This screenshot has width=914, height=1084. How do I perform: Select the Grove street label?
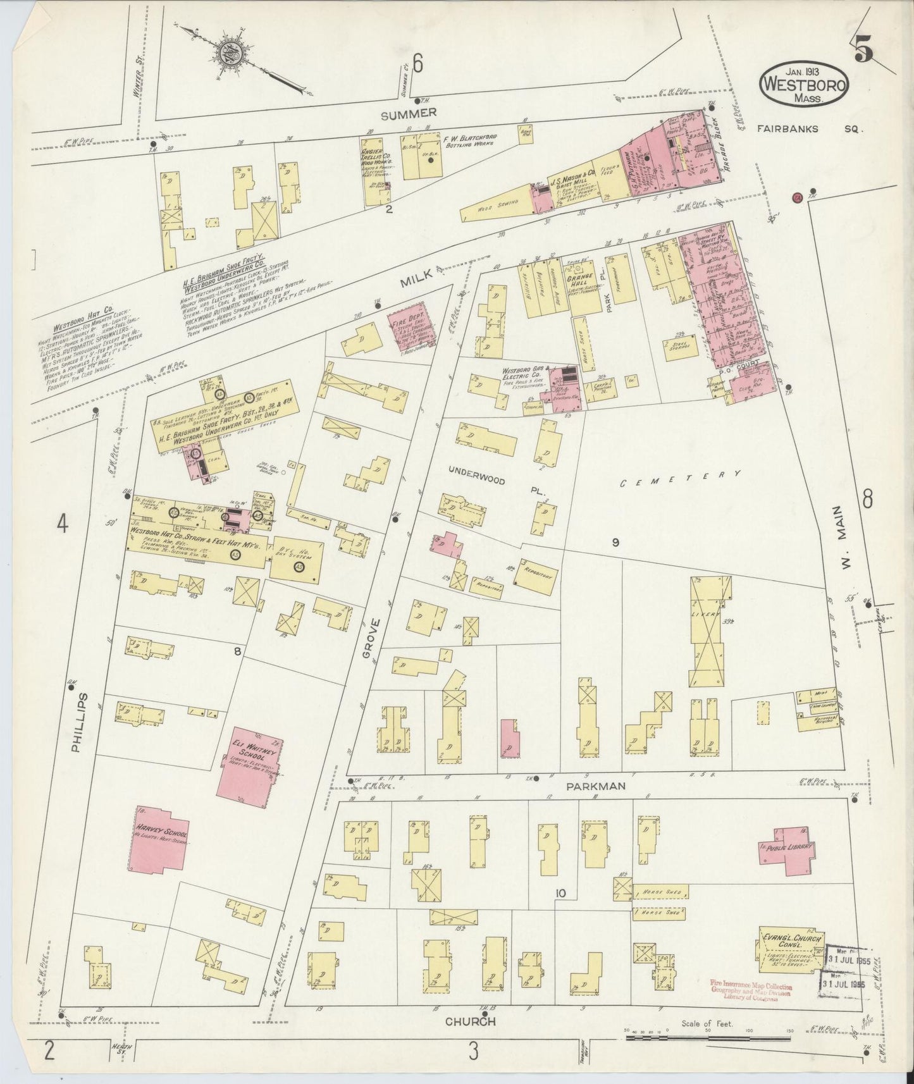click(373, 639)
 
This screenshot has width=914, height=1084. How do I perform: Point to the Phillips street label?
click(77, 722)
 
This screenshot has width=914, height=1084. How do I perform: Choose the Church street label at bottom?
click(469, 1021)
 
